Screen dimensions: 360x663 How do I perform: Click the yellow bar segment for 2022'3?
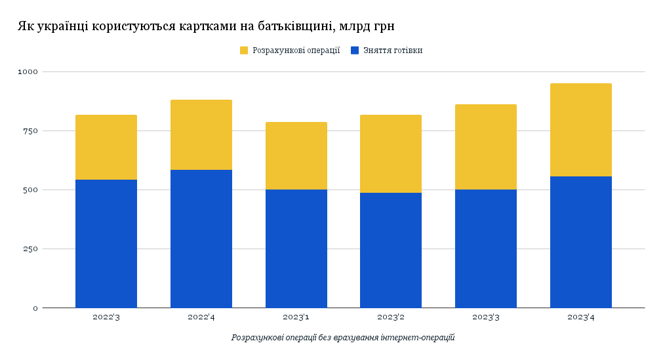(x=106, y=147)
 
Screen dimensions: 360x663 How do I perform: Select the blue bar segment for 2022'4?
(x=201, y=239)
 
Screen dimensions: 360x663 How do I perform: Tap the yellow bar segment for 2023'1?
(x=296, y=155)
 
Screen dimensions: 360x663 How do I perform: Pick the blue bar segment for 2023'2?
(x=391, y=250)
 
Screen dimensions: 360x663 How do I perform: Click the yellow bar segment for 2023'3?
(x=486, y=147)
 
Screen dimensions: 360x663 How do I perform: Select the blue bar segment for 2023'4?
(x=581, y=242)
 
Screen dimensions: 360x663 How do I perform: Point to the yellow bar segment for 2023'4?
(x=581, y=130)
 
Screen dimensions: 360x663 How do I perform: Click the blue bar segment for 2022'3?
(x=106, y=243)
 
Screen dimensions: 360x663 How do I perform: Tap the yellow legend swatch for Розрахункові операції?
(x=244, y=50)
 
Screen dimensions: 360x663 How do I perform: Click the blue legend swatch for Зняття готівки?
(x=355, y=50)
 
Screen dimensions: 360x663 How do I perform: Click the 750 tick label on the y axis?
(x=31, y=130)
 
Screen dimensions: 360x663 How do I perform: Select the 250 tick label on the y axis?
(x=31, y=249)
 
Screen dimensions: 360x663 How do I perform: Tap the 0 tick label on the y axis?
(x=35, y=308)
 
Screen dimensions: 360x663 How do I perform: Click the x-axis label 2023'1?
(x=296, y=317)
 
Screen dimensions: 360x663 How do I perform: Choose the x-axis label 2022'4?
(x=201, y=317)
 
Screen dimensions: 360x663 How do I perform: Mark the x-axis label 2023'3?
(x=486, y=317)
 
